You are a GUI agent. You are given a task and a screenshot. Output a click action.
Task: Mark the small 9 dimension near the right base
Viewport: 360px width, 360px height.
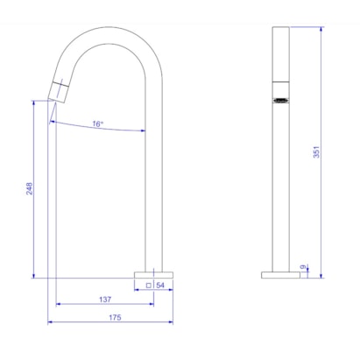(304, 267)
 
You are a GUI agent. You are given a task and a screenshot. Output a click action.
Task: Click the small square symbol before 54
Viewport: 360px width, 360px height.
(150, 286)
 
